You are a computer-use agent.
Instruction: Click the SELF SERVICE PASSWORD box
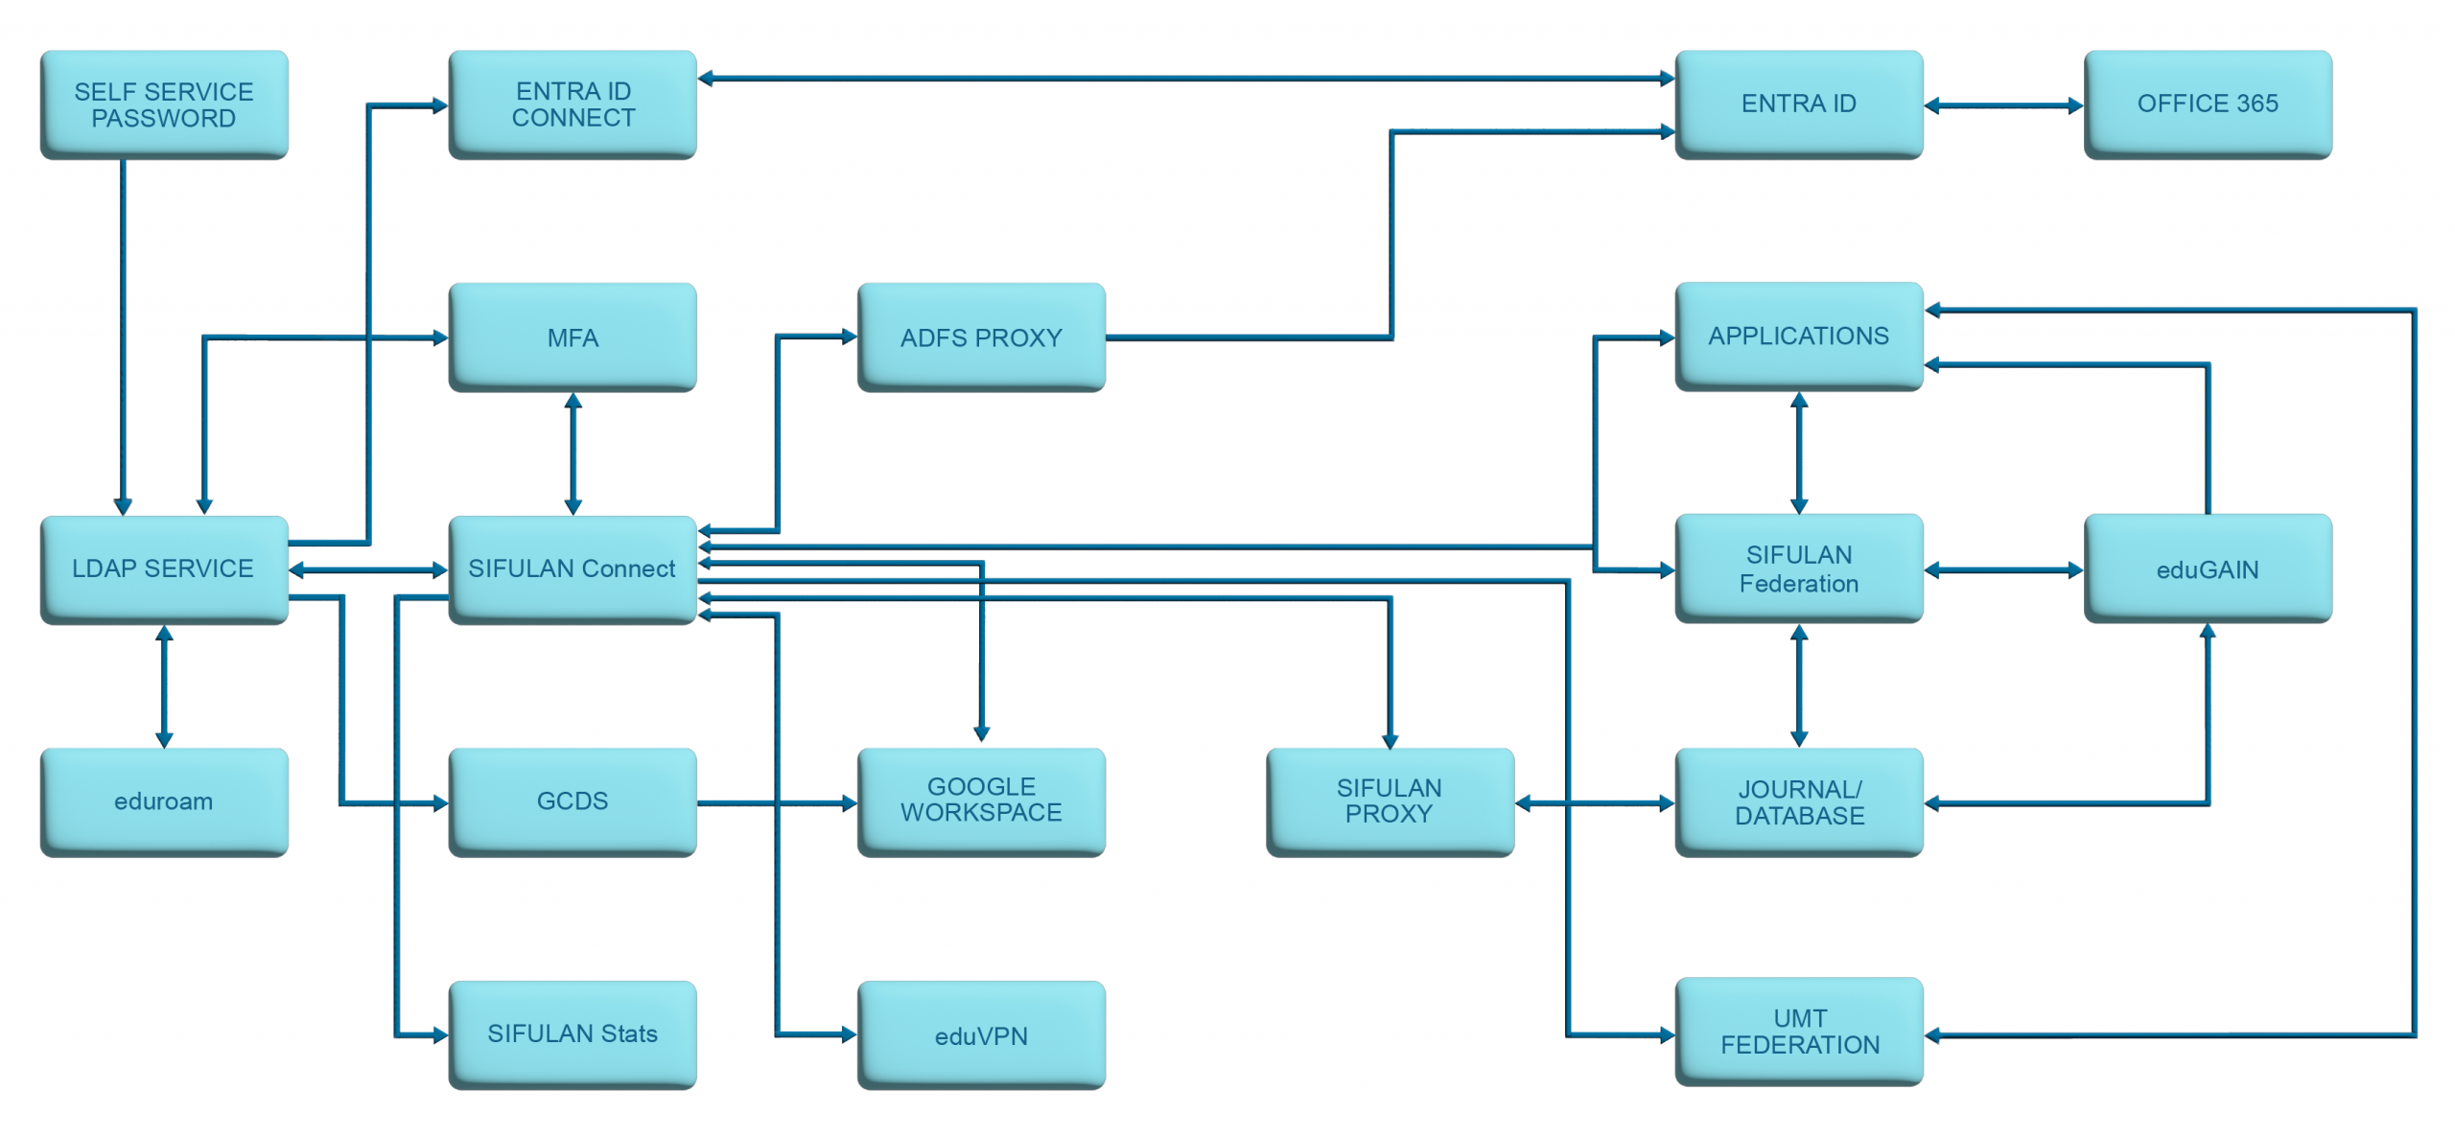tap(164, 104)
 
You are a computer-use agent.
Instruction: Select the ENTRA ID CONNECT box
tap(573, 104)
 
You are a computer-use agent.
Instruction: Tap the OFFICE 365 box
tap(2207, 104)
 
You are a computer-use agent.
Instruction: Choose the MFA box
tap(573, 336)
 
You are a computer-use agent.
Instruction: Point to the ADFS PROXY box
tap(981, 336)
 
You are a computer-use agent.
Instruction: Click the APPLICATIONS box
tap(1798, 336)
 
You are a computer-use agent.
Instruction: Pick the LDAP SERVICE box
tap(164, 569)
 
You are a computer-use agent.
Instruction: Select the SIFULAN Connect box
tap(573, 569)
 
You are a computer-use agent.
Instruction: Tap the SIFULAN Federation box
tap(1798, 568)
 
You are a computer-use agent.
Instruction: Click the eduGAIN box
tap(2207, 568)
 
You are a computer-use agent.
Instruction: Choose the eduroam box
tap(164, 801)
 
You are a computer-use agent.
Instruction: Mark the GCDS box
tap(573, 801)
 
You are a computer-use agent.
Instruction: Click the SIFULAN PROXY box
tap(1390, 801)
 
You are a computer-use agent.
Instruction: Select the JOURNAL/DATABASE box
tap(1798, 801)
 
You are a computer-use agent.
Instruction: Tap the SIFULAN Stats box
tap(573, 1033)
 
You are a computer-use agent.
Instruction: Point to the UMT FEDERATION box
tap(1798, 1032)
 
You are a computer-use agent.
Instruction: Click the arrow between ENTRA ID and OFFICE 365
tap(2003, 105)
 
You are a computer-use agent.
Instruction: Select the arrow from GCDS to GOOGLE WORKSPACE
tap(777, 803)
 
